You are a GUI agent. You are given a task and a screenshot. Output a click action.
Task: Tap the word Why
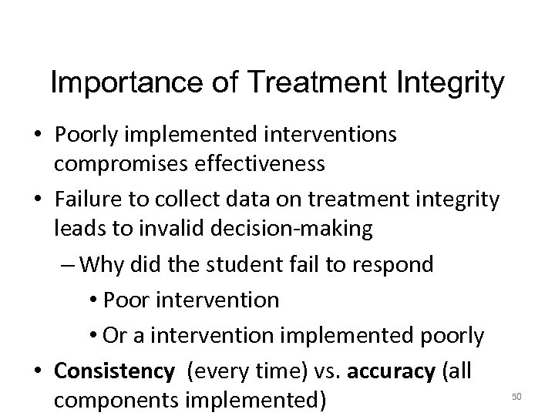tap(99, 264)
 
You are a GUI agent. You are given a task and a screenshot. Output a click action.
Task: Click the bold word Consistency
tap(115, 371)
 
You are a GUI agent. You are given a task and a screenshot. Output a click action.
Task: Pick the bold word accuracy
tap(392, 372)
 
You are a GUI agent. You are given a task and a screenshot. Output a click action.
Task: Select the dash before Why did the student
tap(66, 265)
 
